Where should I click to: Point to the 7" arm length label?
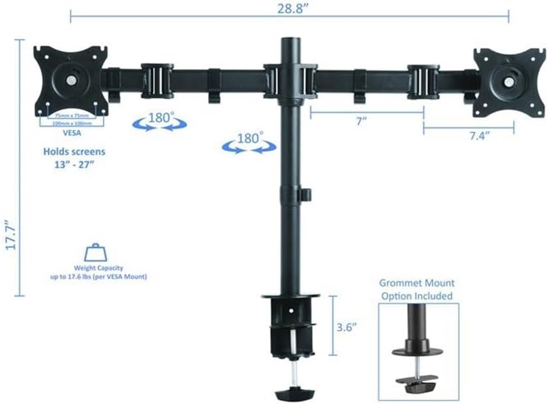coord(361,123)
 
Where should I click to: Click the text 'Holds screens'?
coord(74,151)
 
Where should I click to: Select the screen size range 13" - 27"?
coord(74,164)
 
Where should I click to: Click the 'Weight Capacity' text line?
coord(99,268)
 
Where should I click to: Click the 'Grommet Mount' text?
coord(416,284)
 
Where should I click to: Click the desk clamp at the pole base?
coord(288,325)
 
